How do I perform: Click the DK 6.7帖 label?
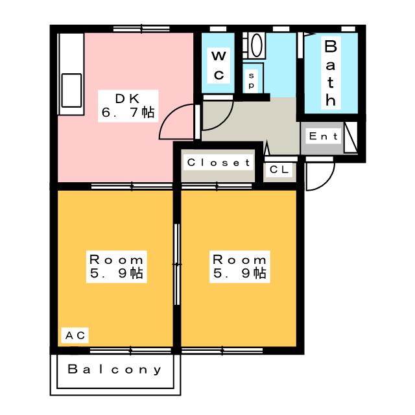coord(128,106)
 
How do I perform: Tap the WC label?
coord(219,65)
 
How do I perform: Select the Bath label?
coord(331,73)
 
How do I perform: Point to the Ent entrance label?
coord(324,136)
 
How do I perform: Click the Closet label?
coord(219,163)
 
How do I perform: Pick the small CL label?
coord(279,169)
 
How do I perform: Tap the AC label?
coord(75,335)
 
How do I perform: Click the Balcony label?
coord(115,369)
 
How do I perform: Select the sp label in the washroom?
coord(251,80)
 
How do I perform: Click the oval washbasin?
coord(257,45)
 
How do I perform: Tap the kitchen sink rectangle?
coord(71,91)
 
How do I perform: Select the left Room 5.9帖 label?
coord(117,267)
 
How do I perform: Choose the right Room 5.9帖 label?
coord(240,267)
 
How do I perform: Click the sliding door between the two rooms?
coord(177,264)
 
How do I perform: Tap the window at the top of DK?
coord(141,29)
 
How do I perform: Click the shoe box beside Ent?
coord(351,137)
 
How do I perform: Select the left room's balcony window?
coord(130,351)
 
